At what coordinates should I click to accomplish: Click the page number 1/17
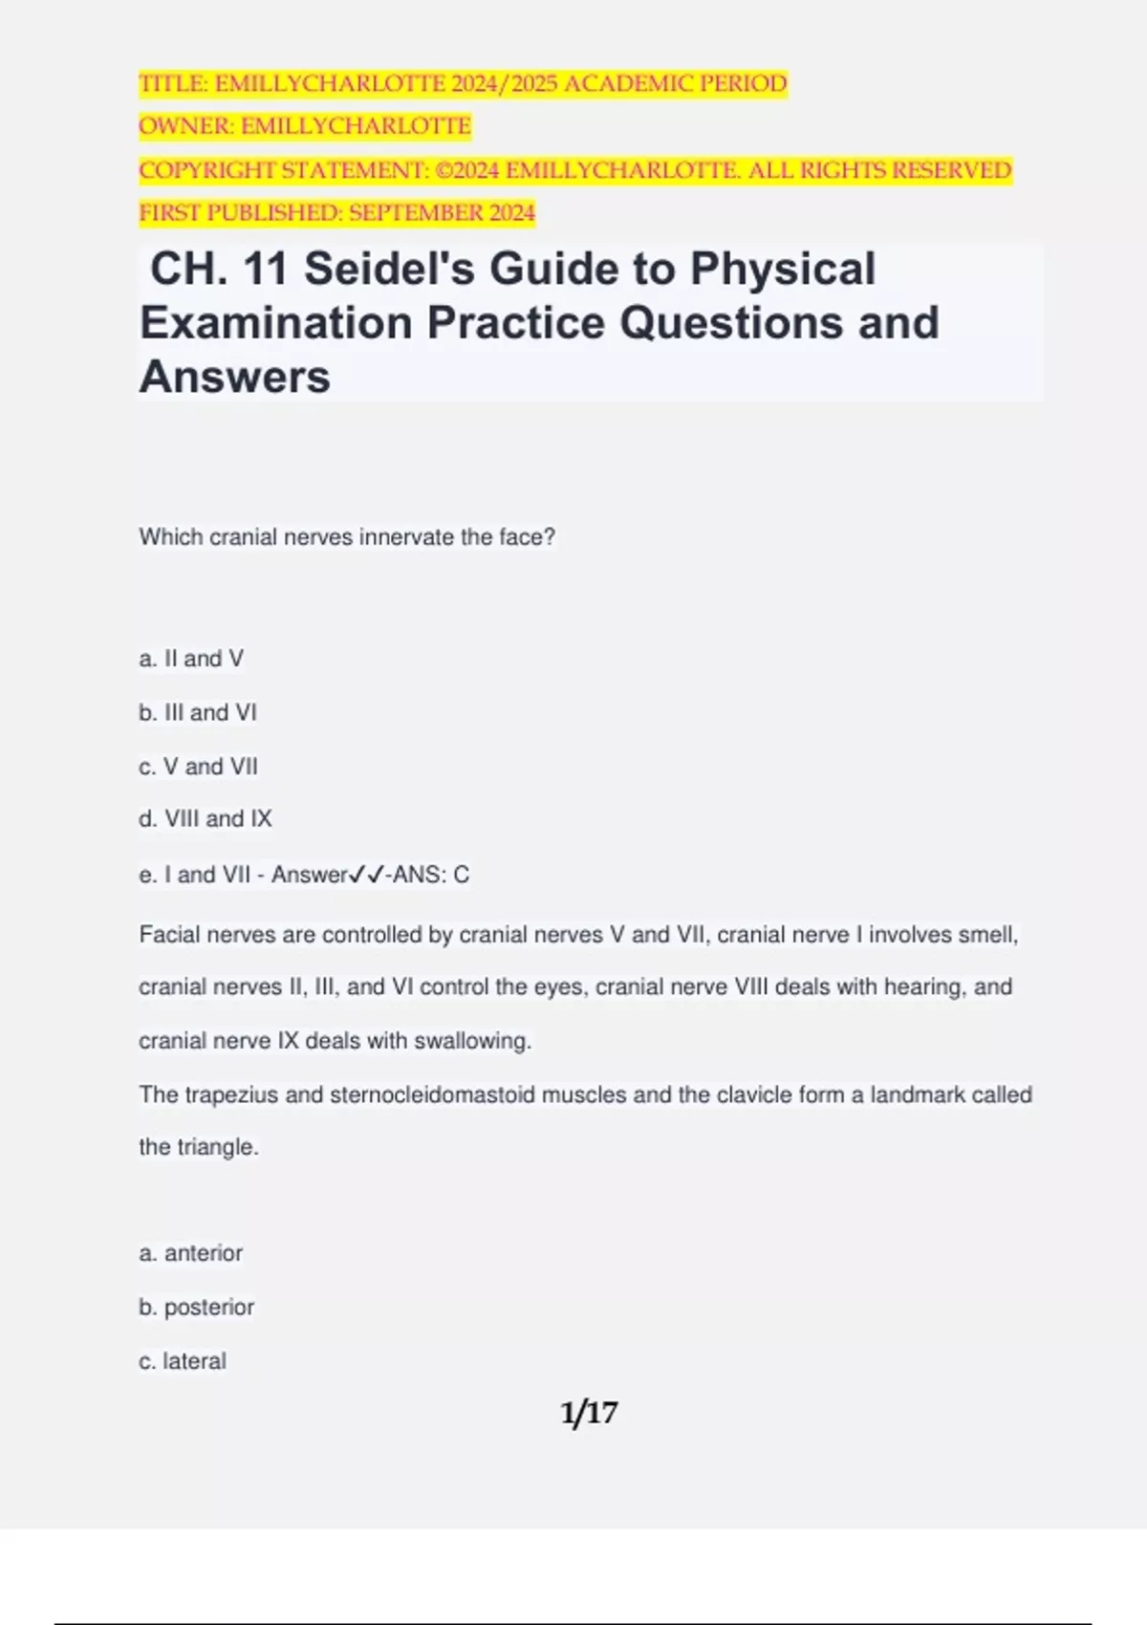click(x=589, y=1412)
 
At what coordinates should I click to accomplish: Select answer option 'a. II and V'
click(x=191, y=659)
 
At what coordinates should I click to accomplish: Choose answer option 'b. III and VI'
click(x=198, y=712)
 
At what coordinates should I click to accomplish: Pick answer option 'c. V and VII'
click(x=198, y=767)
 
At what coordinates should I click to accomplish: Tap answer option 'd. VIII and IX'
click(x=206, y=819)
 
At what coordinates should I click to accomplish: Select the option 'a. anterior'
click(x=191, y=1253)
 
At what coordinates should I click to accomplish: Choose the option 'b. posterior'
click(x=197, y=1307)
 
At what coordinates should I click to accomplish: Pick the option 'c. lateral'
click(x=183, y=1361)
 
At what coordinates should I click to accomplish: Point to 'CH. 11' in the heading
click(x=219, y=269)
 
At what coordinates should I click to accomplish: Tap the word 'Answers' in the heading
click(x=235, y=377)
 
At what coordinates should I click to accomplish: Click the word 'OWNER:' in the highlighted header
click(x=186, y=126)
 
